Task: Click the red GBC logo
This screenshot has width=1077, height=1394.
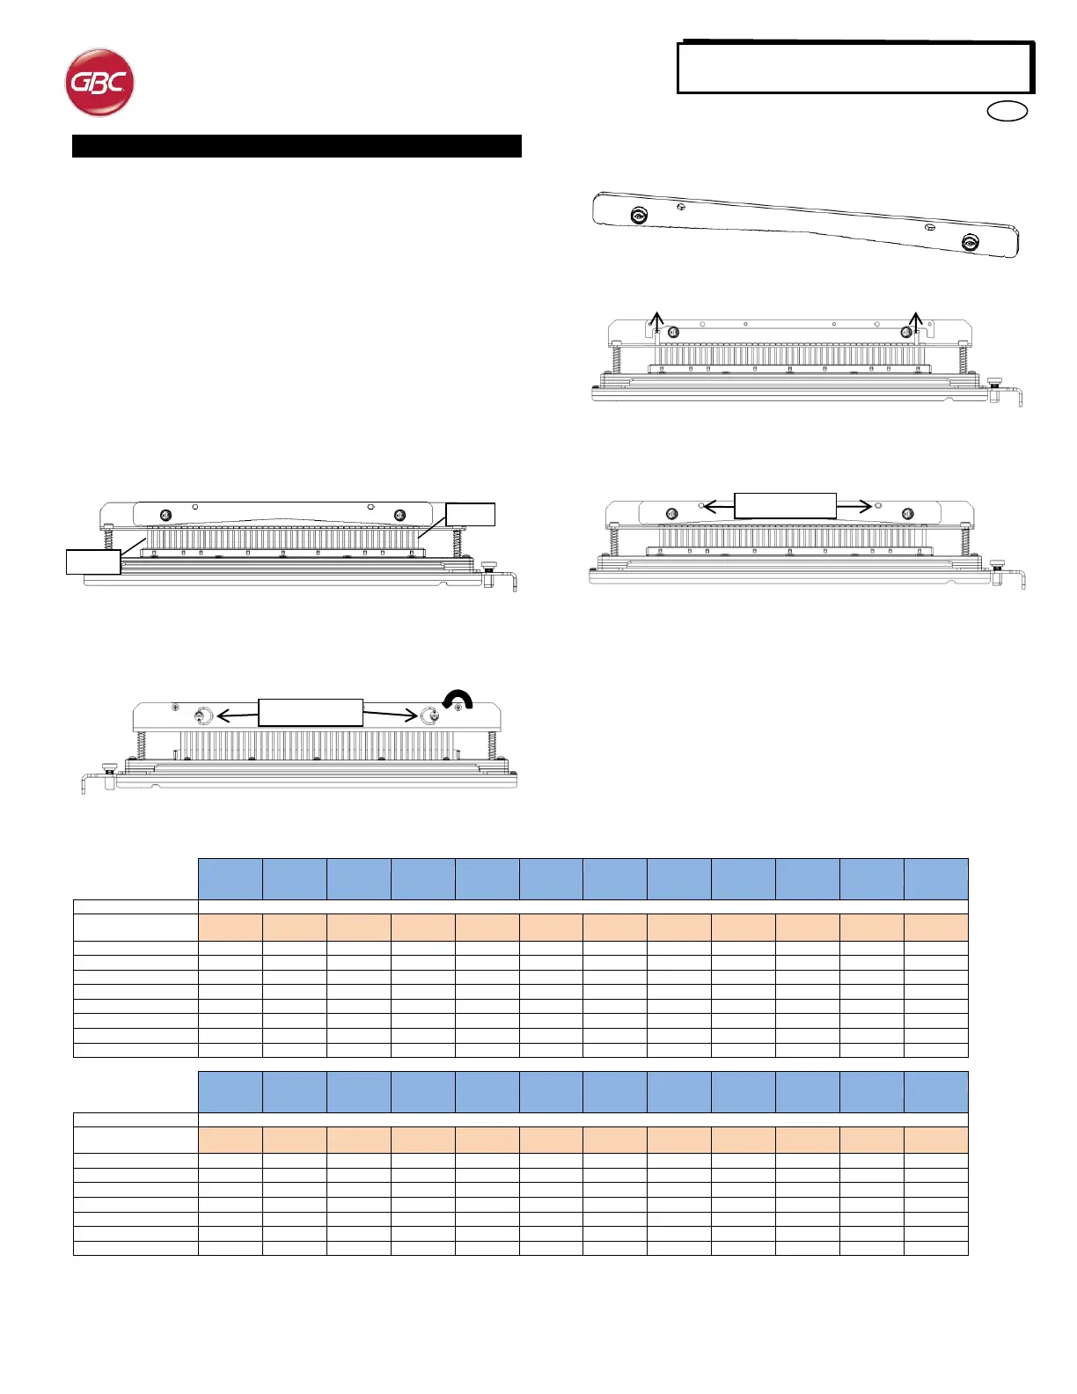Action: click(99, 83)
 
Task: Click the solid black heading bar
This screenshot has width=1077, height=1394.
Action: click(297, 146)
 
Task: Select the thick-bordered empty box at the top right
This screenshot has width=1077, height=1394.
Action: click(854, 68)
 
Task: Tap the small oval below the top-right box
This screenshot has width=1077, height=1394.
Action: click(1007, 111)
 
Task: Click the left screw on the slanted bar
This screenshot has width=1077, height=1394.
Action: click(640, 216)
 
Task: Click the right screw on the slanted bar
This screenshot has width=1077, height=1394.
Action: click(971, 243)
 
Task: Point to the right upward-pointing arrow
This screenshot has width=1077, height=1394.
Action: click(917, 319)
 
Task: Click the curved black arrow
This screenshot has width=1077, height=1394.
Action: click(458, 698)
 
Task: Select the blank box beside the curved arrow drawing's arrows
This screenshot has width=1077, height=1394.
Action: click(311, 713)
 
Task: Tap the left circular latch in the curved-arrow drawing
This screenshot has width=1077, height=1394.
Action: click(203, 716)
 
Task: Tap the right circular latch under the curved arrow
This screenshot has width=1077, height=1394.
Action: click(429, 716)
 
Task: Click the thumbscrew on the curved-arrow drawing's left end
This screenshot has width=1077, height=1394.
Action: click(108, 767)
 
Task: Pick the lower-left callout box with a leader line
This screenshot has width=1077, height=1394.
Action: click(93, 561)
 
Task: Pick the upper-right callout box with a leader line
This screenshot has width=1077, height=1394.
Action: click(471, 515)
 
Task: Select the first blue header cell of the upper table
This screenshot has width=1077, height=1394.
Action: click(231, 879)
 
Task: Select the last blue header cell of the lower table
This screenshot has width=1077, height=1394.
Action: click(936, 1092)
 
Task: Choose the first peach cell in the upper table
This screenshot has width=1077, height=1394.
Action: click(231, 928)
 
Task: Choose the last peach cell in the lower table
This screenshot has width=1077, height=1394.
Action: click(936, 1140)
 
